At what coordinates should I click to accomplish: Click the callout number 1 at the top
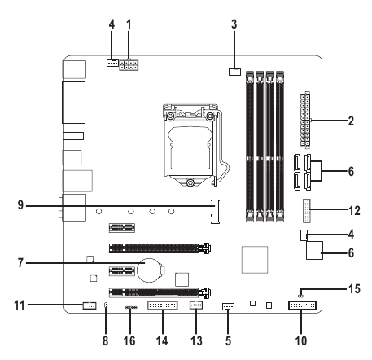point(129,24)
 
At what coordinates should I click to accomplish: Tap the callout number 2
point(351,121)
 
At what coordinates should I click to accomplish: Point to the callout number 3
point(234,24)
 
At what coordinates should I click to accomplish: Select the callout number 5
point(228,340)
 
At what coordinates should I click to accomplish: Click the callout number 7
point(20,263)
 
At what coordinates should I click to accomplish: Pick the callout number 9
point(20,205)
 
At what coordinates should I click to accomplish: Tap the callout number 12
point(354,211)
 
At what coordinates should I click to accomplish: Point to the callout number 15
point(354,288)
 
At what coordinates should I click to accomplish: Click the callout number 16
point(129,340)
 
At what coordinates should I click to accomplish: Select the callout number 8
point(106,340)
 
